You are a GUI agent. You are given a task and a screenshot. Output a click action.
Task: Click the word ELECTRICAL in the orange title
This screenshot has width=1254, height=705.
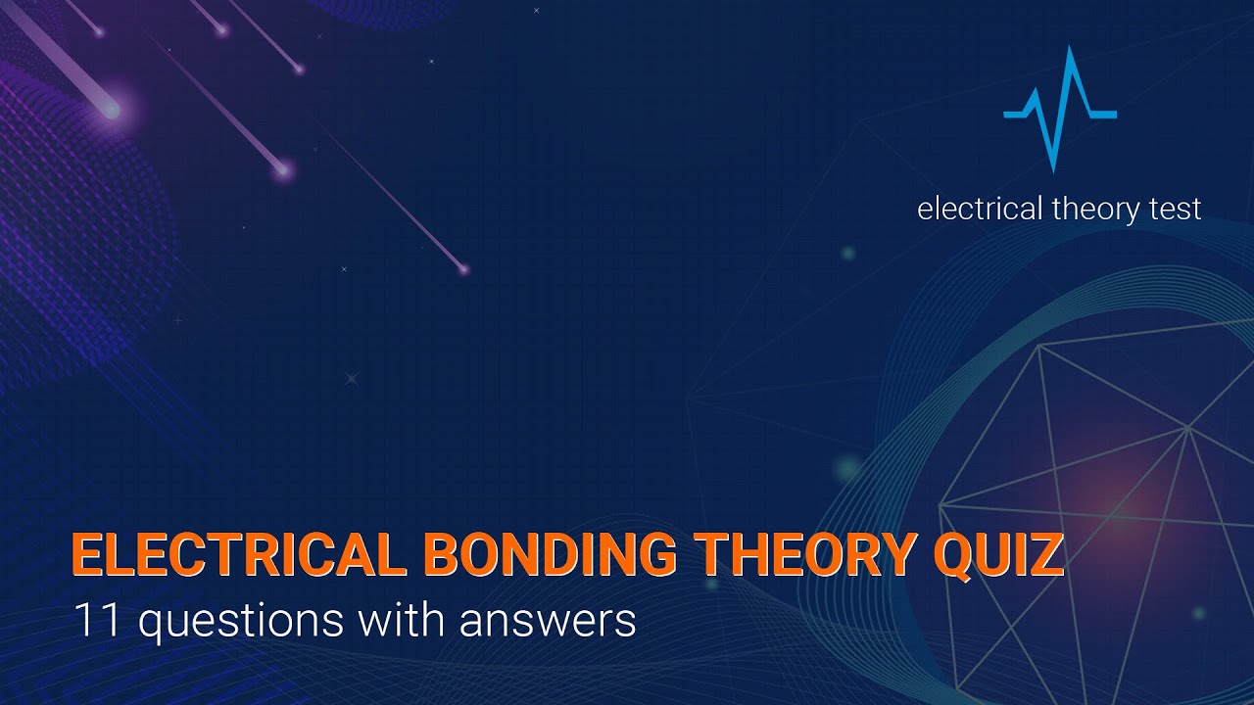(239, 556)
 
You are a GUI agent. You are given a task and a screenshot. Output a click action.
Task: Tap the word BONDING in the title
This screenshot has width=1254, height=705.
(553, 556)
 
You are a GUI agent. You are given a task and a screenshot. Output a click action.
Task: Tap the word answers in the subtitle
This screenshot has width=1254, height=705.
(556, 621)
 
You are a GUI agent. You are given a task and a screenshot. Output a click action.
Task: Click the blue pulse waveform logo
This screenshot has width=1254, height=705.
(1059, 110)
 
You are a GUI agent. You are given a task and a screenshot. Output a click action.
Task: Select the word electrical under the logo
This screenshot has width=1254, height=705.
(980, 209)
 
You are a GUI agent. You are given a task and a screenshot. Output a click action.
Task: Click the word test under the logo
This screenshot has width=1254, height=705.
(1174, 209)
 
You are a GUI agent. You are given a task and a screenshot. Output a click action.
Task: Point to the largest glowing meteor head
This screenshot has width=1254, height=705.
(111, 110)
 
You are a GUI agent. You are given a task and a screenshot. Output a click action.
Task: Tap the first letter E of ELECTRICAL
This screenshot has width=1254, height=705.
(86, 556)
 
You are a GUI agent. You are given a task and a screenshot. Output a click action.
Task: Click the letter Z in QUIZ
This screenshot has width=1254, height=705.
(1046, 556)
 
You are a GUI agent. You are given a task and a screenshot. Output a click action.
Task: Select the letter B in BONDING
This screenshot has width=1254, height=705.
(443, 556)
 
